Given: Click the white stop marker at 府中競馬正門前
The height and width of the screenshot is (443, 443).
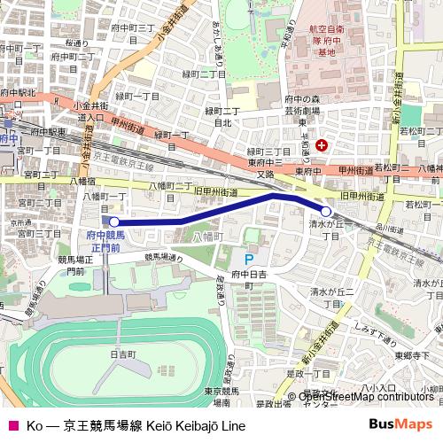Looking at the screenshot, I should tap(113, 221).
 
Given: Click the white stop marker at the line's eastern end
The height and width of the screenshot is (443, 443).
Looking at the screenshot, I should tap(326, 212).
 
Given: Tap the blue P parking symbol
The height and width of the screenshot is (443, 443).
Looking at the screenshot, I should tap(248, 260).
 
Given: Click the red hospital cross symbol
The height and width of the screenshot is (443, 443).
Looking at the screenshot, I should tap(322, 144).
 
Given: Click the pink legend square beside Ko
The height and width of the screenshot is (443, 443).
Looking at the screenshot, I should tap(12, 425).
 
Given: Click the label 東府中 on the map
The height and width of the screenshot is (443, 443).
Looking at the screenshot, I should tap(307, 171).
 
